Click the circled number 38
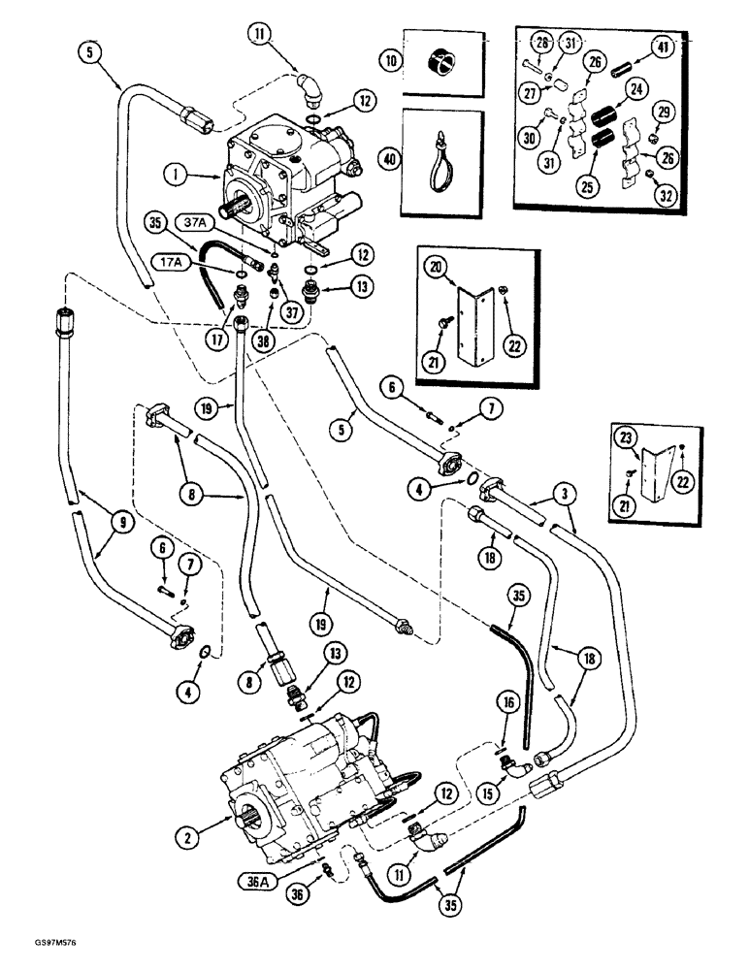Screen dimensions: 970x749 point(262,341)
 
